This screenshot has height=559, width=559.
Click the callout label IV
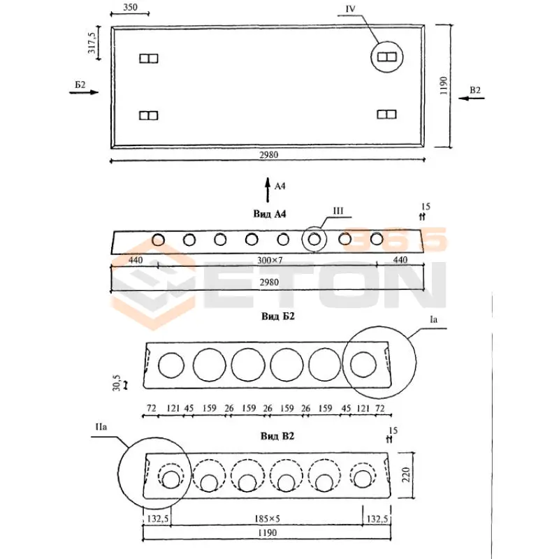click(351, 9)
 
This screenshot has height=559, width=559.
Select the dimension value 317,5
click(92, 43)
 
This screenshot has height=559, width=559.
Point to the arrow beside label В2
click(473, 99)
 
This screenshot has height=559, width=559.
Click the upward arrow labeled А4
click(267, 189)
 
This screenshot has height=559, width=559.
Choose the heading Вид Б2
click(278, 316)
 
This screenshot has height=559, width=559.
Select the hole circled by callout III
click(314, 240)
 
